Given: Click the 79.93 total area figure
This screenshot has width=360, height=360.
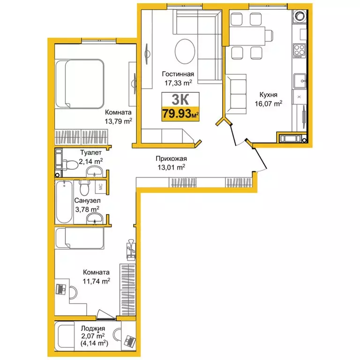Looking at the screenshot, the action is [x=177, y=113].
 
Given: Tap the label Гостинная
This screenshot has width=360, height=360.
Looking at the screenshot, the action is [x=178, y=74].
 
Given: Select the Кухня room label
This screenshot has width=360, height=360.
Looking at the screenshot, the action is [x=268, y=95].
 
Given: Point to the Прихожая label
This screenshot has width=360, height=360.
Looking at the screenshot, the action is [x=171, y=158].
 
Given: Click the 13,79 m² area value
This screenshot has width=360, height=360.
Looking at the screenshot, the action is [x=119, y=121].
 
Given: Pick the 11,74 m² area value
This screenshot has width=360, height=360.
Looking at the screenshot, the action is [x=97, y=281].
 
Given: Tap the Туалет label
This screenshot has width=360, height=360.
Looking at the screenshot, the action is [x=91, y=152].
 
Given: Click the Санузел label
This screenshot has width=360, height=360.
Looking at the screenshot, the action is [x=87, y=201].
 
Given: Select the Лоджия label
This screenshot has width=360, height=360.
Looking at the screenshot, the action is [x=93, y=329].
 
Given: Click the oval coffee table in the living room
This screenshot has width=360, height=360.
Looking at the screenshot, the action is [x=185, y=52].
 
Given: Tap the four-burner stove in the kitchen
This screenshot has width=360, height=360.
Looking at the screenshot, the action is [x=300, y=50].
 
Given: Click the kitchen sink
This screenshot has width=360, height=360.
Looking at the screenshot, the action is [x=300, y=81].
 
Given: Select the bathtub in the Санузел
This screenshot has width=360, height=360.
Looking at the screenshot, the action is [x=64, y=202].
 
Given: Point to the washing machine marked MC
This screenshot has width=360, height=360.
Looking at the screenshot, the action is [x=101, y=187].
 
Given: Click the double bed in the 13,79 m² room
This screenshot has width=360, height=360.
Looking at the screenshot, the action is [x=80, y=84].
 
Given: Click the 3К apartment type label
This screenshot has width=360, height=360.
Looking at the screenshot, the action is [x=180, y=99].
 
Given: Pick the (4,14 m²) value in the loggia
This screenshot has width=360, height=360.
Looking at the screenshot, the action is [x=94, y=343].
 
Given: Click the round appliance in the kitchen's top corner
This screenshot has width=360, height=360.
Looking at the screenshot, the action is [x=300, y=16].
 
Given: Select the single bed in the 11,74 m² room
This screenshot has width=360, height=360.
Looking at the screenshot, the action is [x=80, y=238].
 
